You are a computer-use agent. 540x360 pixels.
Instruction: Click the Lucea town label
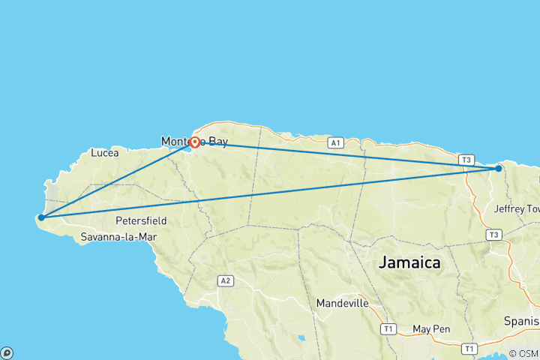104,152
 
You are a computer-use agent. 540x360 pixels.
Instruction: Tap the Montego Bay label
193,141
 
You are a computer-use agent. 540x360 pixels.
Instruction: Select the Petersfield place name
141,221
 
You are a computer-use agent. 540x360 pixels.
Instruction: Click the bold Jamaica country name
409,263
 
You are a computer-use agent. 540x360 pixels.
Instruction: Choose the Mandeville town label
343,304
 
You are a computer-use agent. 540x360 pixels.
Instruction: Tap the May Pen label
430,329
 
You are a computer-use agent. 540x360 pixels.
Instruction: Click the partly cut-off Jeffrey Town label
517,208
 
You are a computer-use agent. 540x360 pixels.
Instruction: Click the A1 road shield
335,142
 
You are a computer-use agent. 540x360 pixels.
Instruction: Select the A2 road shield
224,280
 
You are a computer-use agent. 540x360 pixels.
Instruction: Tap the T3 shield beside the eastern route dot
467,160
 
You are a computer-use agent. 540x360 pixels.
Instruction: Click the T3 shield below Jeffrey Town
493,235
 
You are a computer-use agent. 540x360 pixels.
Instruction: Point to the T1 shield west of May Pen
388,328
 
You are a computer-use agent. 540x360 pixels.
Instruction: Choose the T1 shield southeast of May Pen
469,349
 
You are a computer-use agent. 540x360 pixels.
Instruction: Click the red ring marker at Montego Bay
194,142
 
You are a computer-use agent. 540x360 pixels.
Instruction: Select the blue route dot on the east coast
499,169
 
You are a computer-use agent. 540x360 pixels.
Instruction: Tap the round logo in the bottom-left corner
7,352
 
